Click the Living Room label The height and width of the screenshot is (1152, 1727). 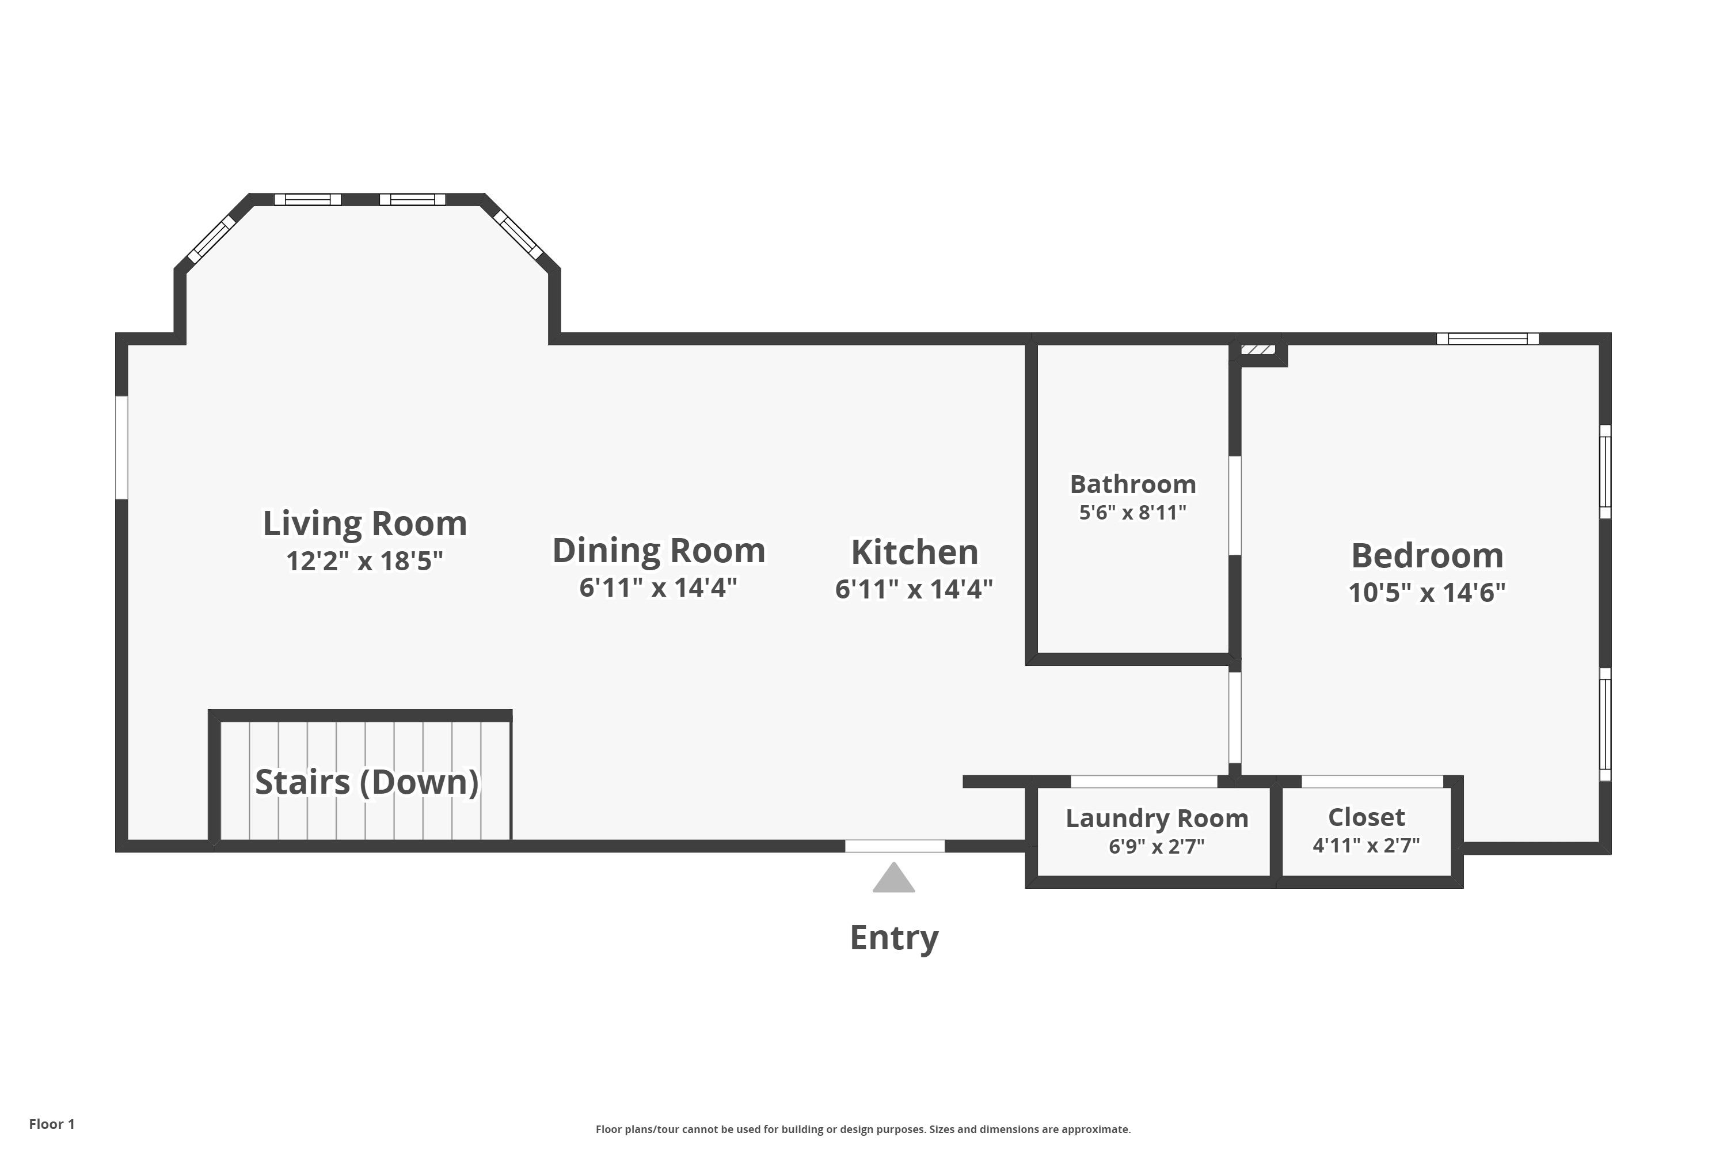[365, 523]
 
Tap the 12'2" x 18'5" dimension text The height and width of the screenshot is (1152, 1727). [365, 561]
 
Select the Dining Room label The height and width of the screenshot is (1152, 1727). [659, 550]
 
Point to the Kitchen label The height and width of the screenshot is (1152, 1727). [914, 552]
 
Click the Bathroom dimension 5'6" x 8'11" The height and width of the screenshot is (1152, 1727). [1132, 512]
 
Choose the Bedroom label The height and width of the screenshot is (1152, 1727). [1427, 555]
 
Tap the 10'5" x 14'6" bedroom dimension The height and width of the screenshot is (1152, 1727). [1427, 592]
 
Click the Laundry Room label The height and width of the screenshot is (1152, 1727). [1157, 818]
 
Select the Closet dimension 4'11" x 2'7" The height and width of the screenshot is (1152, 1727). [1365, 845]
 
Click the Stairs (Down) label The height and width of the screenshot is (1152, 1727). [366, 782]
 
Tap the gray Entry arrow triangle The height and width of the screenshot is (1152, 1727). [893, 879]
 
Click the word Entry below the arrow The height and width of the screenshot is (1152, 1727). [893, 938]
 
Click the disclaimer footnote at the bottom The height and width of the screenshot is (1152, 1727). [863, 1129]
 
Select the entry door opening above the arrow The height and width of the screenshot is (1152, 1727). [895, 846]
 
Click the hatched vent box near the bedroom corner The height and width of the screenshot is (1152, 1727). [1258, 349]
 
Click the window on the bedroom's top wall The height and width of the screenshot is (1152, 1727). [1488, 339]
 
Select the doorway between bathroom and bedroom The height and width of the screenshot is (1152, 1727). [1235, 506]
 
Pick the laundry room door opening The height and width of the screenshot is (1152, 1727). [1144, 782]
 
